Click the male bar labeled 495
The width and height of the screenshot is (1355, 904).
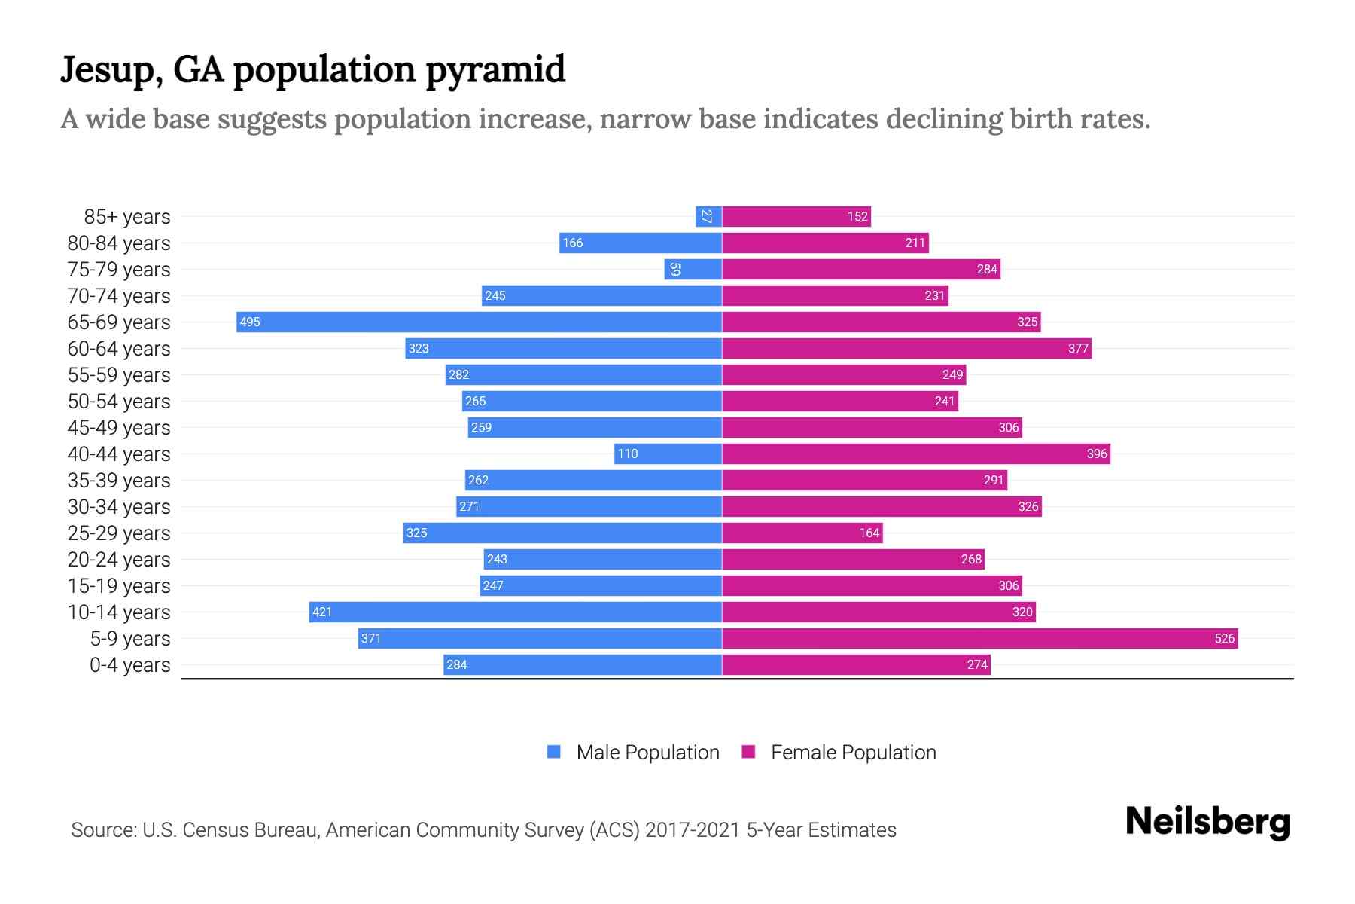click(x=479, y=322)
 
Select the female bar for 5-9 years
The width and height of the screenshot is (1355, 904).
click(x=979, y=638)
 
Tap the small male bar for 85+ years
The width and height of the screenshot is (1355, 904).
click(x=708, y=216)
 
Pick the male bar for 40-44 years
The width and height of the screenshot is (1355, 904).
click(x=668, y=454)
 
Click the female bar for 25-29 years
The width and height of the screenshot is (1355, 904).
click(x=802, y=533)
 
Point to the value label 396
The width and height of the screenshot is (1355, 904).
click(x=1097, y=454)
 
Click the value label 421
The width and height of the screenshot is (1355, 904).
click(x=322, y=612)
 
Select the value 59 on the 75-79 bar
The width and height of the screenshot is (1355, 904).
click(x=675, y=269)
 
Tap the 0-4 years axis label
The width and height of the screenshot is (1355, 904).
click(x=129, y=665)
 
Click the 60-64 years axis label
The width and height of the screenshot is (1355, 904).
click(x=119, y=349)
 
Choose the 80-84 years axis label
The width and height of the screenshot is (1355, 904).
click(x=119, y=243)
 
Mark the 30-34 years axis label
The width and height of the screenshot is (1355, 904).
click(x=119, y=507)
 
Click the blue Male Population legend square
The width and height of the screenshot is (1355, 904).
click(x=554, y=752)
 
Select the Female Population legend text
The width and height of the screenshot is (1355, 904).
click(x=853, y=752)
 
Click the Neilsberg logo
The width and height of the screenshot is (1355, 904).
click(x=1207, y=822)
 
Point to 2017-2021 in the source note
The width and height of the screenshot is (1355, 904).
click(x=693, y=830)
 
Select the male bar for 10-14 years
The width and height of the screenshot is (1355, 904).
click(x=515, y=612)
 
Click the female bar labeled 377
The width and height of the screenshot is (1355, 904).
click(x=906, y=348)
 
